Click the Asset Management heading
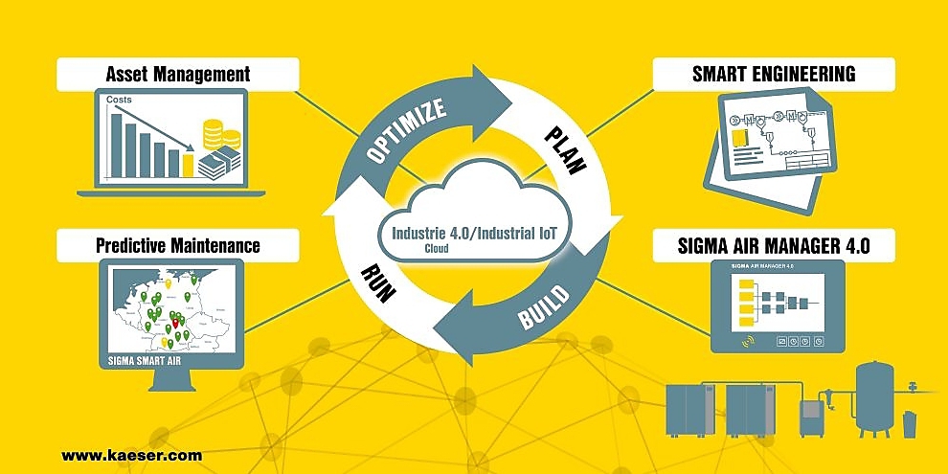tap(178, 74)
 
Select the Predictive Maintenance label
tap(178, 245)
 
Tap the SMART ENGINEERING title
tap(774, 74)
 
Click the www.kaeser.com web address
tap(131, 456)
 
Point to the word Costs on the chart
tap(119, 99)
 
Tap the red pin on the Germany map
tap(174, 323)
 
